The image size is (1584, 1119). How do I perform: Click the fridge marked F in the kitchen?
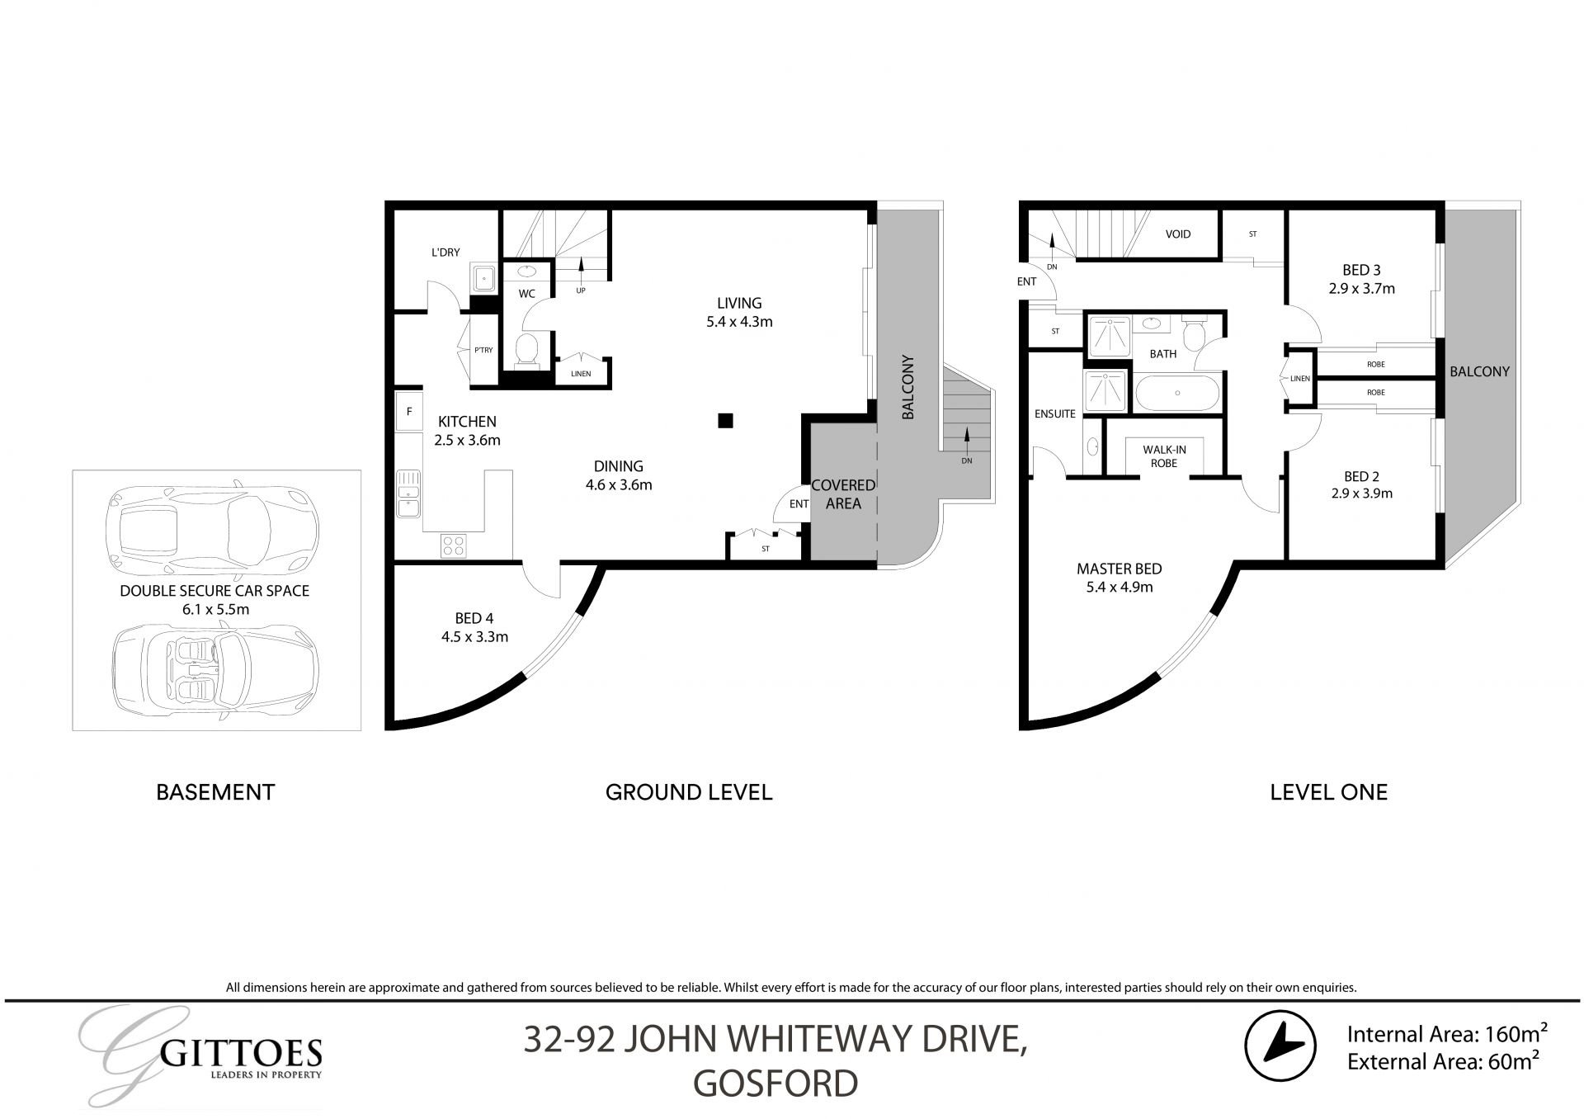(409, 411)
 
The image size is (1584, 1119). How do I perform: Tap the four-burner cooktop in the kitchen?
(454, 545)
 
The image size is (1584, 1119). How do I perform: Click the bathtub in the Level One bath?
(1177, 394)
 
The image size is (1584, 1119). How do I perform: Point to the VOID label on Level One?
(1177, 234)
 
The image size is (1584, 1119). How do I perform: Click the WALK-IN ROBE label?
(1164, 456)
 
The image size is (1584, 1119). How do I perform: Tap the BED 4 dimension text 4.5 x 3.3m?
(474, 637)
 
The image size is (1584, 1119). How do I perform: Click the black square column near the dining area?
(725, 421)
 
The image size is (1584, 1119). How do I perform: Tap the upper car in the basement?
(213, 529)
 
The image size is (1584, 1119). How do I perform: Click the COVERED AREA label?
(842, 494)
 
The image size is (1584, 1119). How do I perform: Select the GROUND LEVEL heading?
(688, 792)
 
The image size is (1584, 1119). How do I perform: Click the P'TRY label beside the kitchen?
(483, 351)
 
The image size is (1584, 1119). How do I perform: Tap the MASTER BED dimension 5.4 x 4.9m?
(1119, 588)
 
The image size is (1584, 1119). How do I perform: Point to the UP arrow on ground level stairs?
(582, 266)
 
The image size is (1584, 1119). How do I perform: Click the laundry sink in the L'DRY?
(482, 278)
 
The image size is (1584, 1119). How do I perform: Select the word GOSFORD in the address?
(775, 1084)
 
